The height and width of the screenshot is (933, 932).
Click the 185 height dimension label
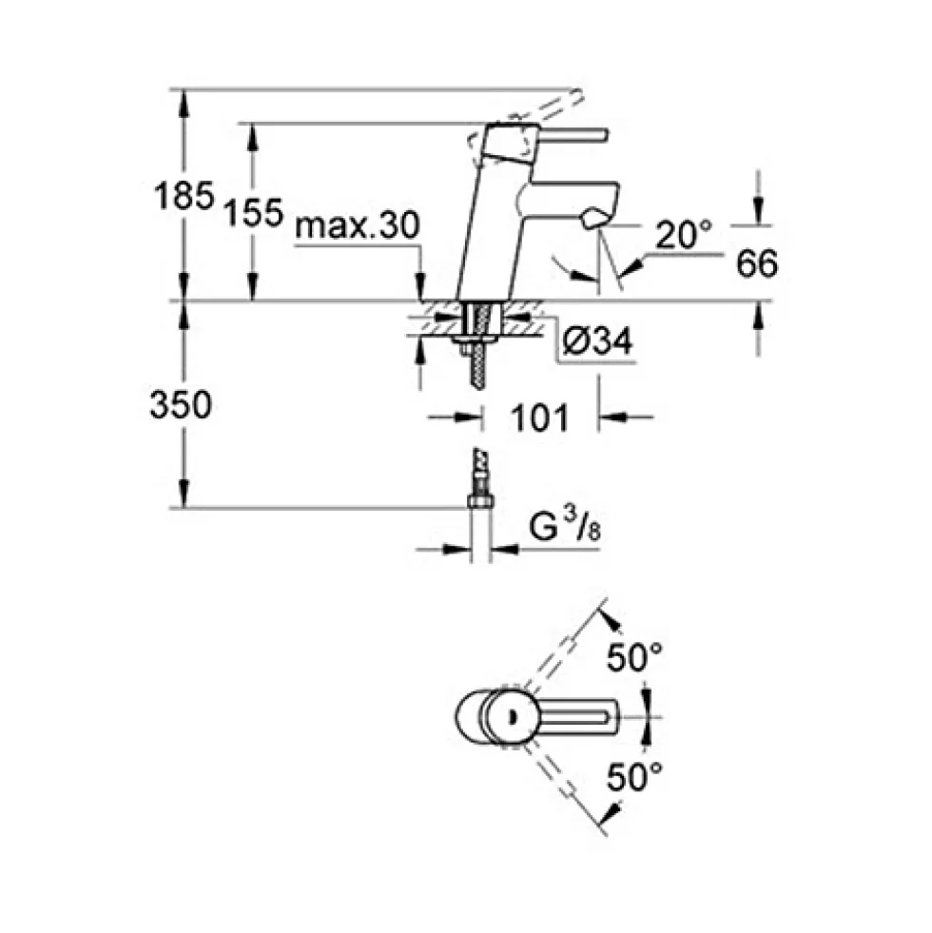point(184,195)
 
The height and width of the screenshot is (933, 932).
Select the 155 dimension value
point(253,212)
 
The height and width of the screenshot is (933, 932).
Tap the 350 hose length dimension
point(181,404)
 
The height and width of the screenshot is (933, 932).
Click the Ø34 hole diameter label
point(597,340)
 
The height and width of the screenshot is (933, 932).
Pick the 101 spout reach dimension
point(540,418)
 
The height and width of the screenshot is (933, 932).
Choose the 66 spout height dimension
point(757,263)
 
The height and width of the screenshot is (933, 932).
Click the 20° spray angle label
point(683,235)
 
